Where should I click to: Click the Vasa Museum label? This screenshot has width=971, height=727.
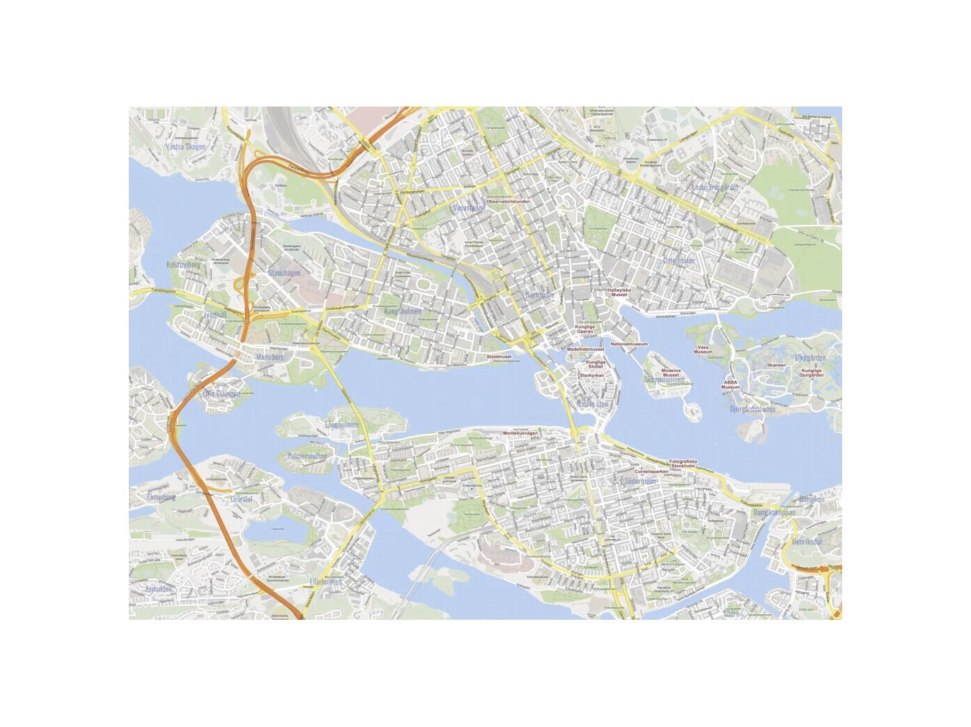(703, 350)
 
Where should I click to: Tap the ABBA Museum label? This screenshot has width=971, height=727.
(730, 384)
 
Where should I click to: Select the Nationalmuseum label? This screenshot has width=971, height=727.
(629, 344)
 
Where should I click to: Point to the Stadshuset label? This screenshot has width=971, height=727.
(499, 357)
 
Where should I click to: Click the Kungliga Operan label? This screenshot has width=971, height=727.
(584, 329)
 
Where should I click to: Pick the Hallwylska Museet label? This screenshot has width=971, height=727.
(619, 292)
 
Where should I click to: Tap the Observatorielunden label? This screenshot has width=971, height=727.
(508, 202)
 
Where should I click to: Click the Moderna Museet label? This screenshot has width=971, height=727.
(670, 373)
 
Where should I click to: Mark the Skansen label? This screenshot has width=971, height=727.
(776, 365)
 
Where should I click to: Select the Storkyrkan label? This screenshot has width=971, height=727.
(591, 375)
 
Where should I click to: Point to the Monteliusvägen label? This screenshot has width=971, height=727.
(520, 433)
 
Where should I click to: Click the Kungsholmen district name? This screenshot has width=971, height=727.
(403, 311)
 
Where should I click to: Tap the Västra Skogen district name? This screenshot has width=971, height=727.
(186, 147)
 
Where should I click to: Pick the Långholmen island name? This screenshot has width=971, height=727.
(341, 425)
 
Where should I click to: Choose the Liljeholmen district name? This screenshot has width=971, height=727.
(325, 582)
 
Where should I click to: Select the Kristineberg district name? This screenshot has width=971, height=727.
(183, 265)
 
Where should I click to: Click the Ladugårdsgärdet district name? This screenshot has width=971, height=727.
(714, 187)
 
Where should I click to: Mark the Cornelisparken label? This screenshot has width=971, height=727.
(651, 471)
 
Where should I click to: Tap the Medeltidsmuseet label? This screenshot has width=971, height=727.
(585, 350)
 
